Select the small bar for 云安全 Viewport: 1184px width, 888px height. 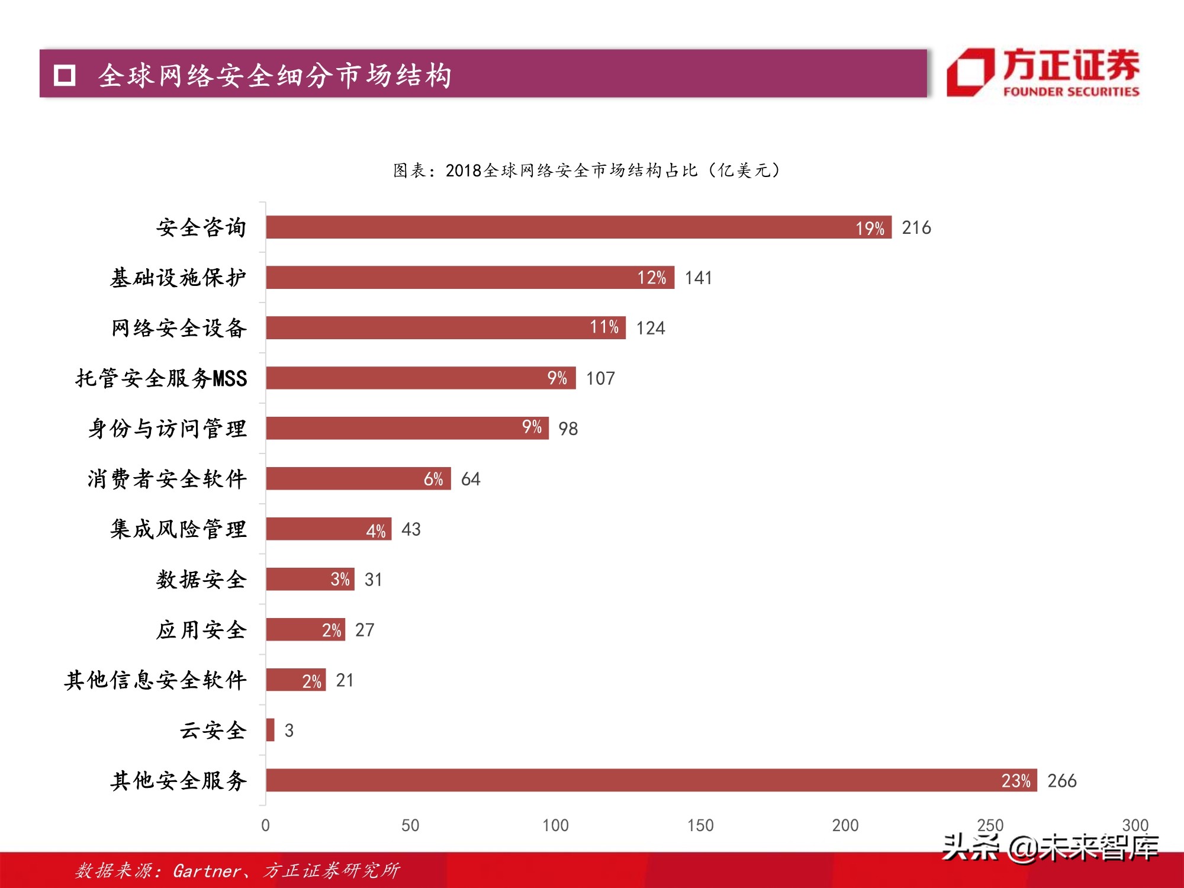pos(271,730)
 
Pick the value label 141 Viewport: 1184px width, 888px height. pos(699,278)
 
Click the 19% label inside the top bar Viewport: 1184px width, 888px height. pos(870,228)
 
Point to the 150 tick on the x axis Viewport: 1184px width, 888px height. pos(700,825)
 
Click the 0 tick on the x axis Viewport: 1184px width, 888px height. pos(265,825)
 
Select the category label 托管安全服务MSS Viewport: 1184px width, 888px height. pos(161,378)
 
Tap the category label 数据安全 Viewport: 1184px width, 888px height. pos(201,579)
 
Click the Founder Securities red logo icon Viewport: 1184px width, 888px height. pos(970,73)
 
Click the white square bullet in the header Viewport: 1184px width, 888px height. pos(65,75)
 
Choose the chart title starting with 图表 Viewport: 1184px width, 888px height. pos(586,170)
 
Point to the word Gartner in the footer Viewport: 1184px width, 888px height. pos(207,871)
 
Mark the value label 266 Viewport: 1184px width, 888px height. pos(1061,781)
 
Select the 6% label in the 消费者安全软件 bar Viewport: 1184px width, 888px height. pos(433,479)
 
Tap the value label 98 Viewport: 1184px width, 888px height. pos(568,429)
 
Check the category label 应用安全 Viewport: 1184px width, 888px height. pos(201,629)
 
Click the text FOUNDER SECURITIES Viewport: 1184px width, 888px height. pos(1071,92)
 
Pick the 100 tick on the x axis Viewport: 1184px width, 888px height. pos(555,825)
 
